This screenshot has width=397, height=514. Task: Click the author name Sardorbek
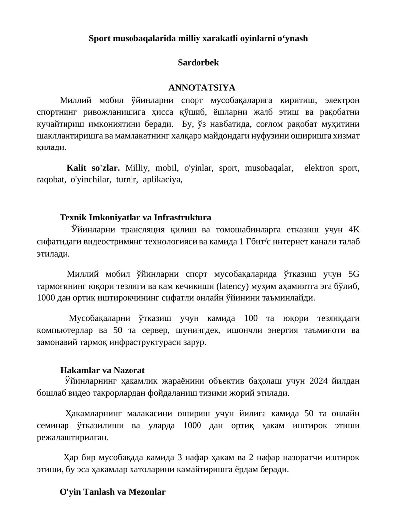198,63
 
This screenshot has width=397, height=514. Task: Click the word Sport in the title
99,38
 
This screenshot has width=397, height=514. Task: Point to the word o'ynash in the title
293,38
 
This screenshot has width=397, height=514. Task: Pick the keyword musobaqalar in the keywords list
268,168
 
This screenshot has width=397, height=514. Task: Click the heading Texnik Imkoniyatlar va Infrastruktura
135,218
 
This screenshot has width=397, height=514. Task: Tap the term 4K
354,230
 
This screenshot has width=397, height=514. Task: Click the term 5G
354,274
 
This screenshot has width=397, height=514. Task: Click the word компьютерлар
65,330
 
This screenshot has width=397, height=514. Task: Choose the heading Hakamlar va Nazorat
102,370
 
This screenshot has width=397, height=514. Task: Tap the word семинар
54,426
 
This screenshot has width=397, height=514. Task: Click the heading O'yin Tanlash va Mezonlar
112,492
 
